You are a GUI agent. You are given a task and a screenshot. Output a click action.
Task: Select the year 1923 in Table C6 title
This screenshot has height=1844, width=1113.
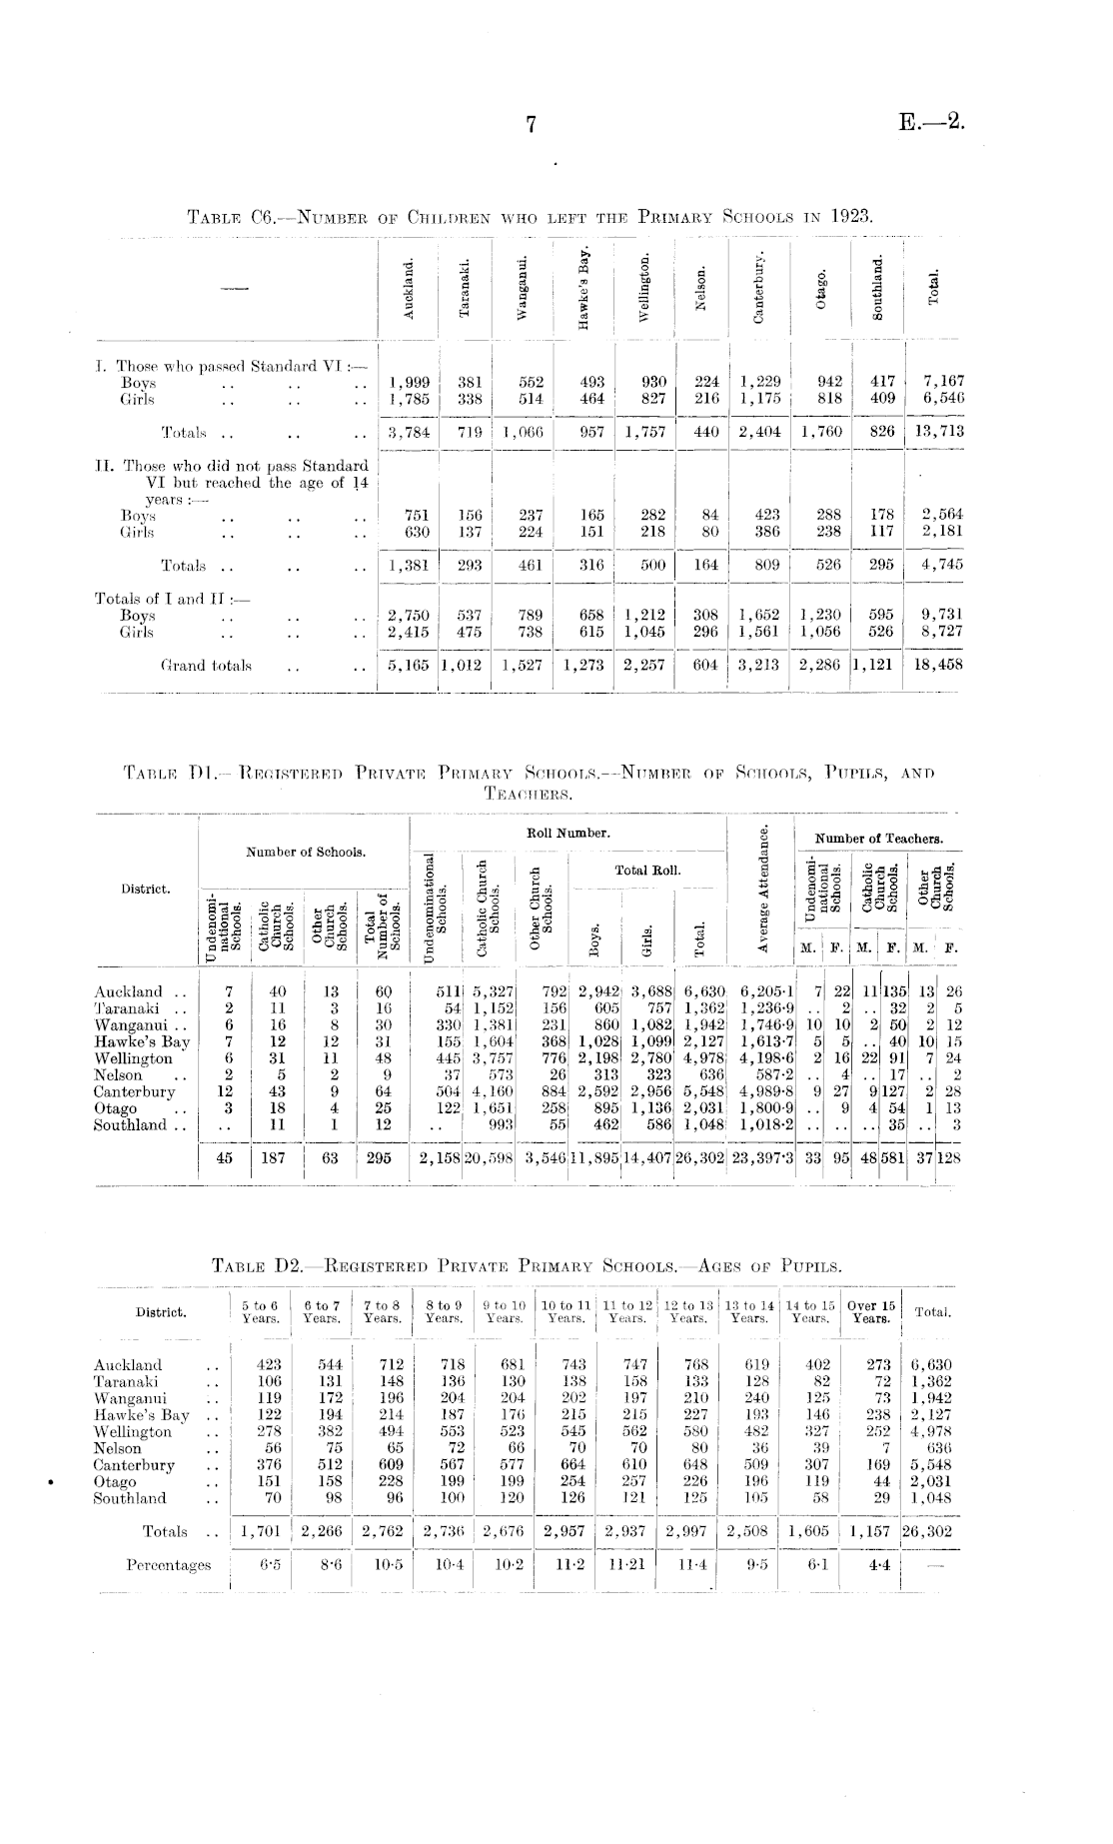click(851, 215)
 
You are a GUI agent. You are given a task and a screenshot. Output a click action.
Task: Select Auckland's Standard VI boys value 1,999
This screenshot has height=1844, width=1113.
click(409, 382)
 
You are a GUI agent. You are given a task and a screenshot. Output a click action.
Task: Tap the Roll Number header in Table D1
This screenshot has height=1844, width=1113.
click(567, 832)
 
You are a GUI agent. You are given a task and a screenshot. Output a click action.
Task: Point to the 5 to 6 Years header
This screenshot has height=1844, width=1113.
click(260, 1311)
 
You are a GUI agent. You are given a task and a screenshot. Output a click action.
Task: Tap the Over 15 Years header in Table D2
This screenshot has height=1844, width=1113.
click(871, 1311)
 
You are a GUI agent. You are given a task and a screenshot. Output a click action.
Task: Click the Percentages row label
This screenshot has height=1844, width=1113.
click(168, 1564)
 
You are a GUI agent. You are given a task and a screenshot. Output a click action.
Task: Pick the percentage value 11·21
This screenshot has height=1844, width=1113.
click(626, 1564)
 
